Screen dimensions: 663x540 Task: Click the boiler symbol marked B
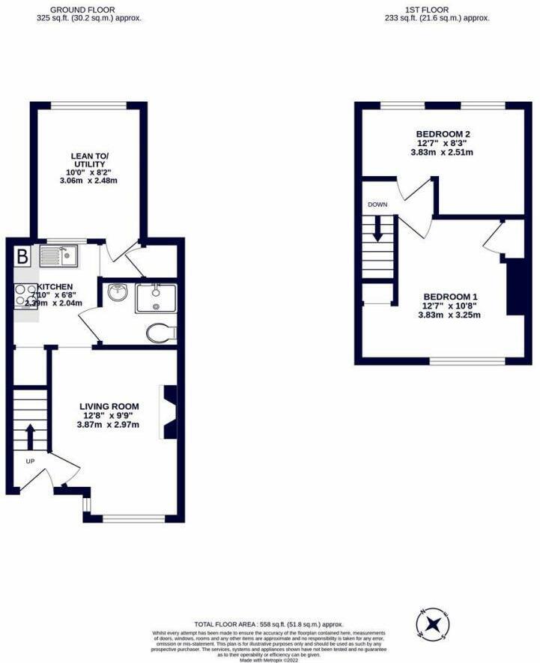click(22, 257)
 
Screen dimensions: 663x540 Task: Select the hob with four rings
click(25, 295)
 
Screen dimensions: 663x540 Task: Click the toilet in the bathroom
click(160, 333)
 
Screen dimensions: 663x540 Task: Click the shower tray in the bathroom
click(155, 298)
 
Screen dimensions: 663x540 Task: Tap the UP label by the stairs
click(30, 461)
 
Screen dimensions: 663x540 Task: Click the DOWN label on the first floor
click(376, 204)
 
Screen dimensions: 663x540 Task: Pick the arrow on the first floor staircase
click(377, 228)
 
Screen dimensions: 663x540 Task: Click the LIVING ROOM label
click(109, 407)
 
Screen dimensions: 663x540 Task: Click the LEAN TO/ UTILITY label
click(88, 160)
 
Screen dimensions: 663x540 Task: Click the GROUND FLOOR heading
click(88, 9)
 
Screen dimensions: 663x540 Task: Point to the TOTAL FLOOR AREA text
click(268, 623)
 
